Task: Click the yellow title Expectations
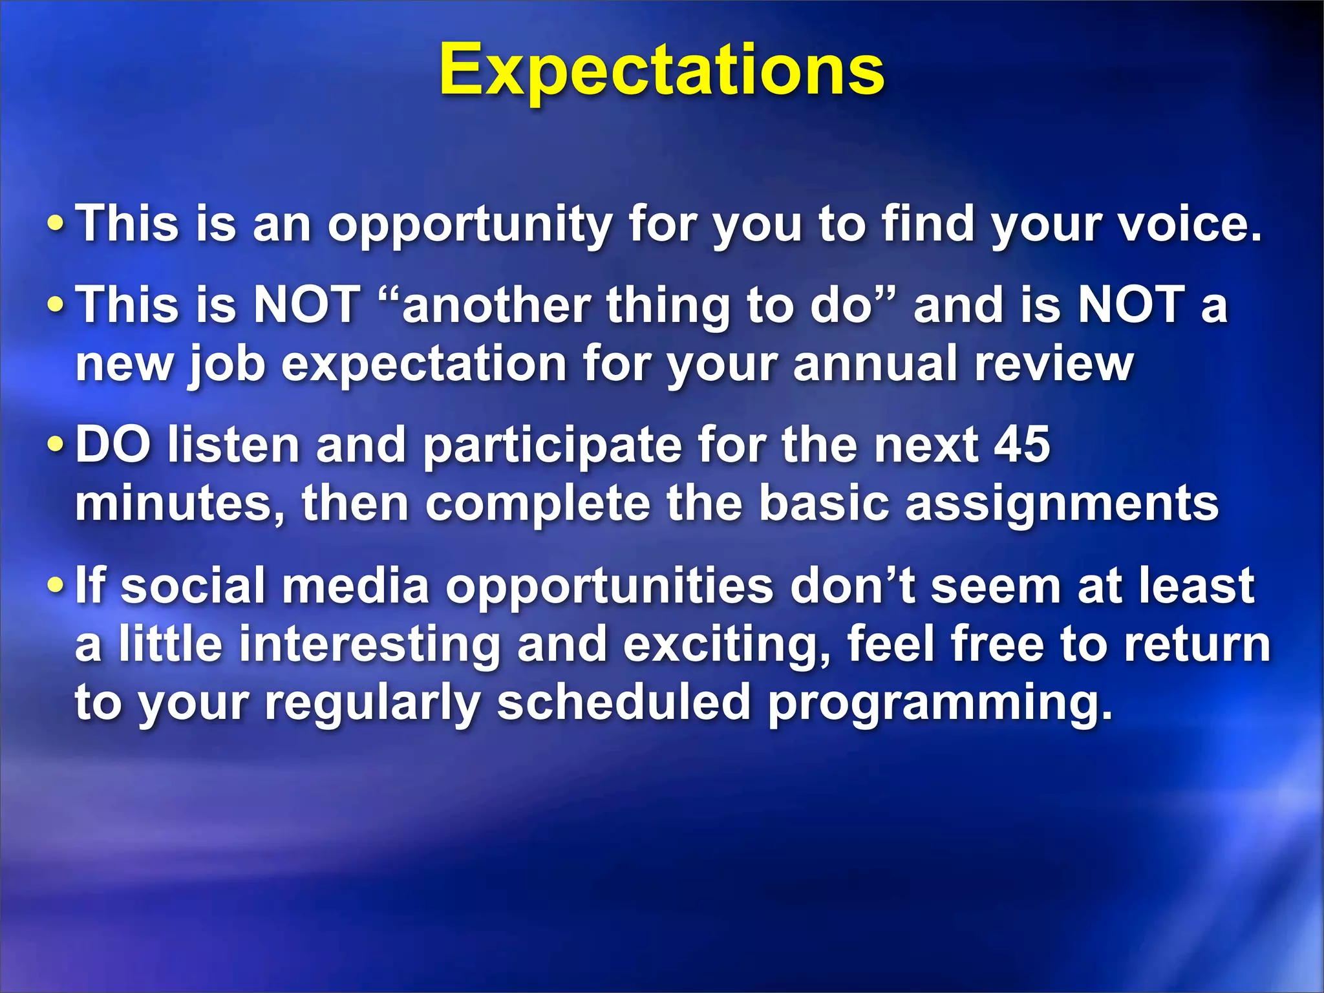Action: [x=661, y=70]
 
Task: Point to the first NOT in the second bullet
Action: [x=306, y=304]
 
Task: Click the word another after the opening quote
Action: [x=496, y=305]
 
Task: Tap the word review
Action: [x=1054, y=364]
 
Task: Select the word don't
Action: [x=852, y=586]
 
